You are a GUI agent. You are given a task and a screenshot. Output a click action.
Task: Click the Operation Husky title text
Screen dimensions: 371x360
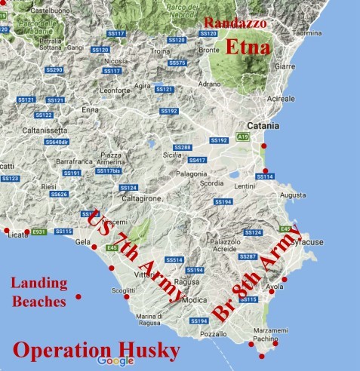pos(97,351)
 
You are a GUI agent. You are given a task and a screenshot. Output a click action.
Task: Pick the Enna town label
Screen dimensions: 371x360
pos(91,110)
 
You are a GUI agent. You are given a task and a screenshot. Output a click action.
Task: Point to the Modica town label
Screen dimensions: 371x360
pos(194,299)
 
